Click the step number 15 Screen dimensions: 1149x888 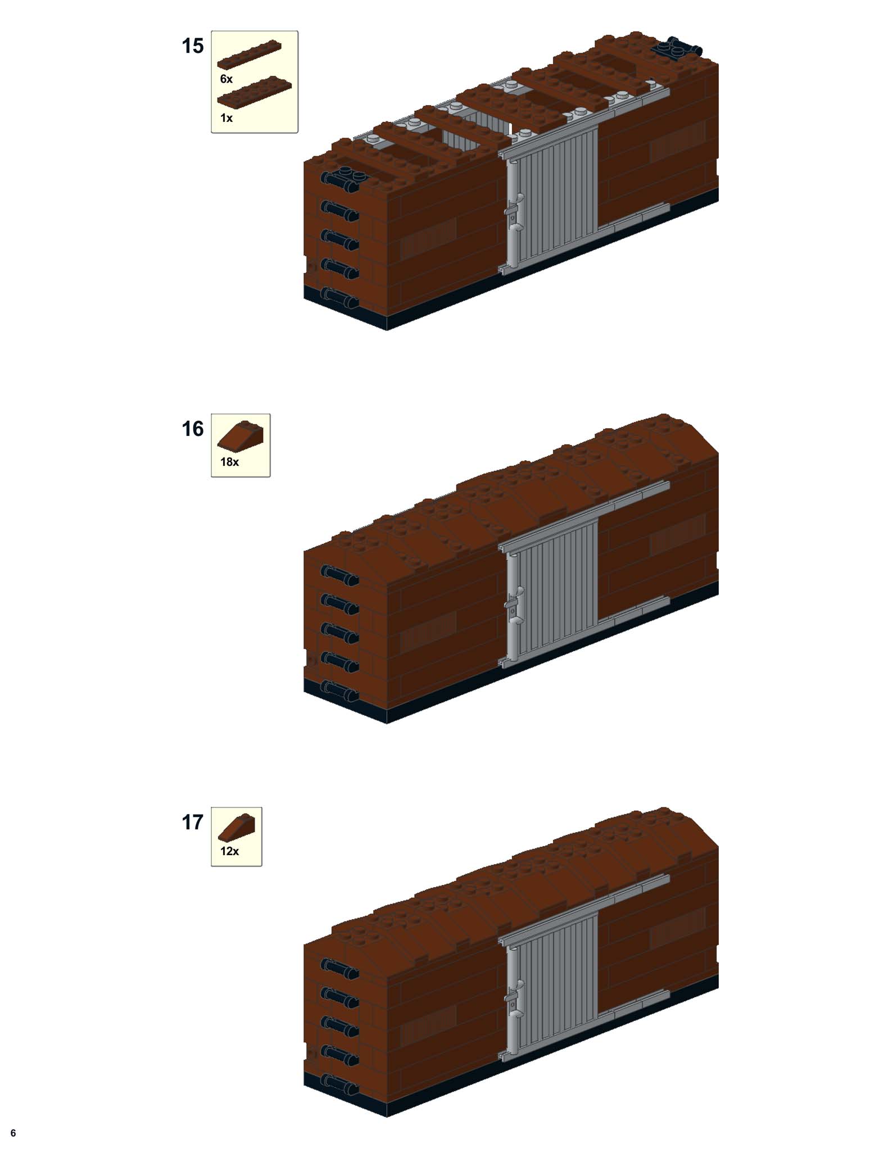coord(192,46)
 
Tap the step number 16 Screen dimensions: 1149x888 coord(192,429)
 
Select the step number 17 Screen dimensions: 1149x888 coord(192,823)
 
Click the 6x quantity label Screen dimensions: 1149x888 coord(226,79)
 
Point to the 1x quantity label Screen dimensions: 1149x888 coord(226,118)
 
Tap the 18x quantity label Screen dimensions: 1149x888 coord(229,462)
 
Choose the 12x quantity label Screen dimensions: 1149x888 coord(229,851)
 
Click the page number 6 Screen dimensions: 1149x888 coord(13,1133)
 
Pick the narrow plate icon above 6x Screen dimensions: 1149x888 coord(249,55)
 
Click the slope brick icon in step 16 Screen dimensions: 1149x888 coord(241,437)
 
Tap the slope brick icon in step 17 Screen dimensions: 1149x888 coord(237,827)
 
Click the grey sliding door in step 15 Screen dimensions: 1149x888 coord(554,194)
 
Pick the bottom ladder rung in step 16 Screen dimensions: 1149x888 coord(340,690)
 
